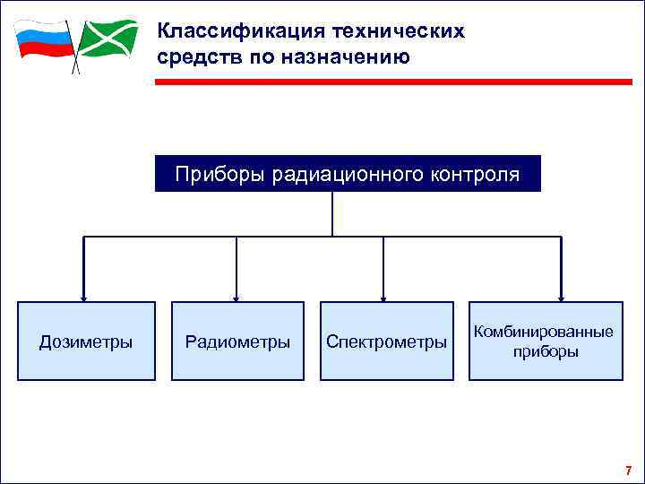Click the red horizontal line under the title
[x=394, y=82]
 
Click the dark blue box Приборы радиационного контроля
[x=348, y=174]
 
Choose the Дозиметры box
[x=86, y=341]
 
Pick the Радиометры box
[x=237, y=341]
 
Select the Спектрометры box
[x=386, y=341]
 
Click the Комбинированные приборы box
[x=546, y=341]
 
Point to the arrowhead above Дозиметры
[x=83, y=297]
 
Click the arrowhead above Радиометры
[x=236, y=297]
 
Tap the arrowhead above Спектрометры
[x=383, y=297]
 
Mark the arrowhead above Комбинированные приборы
[x=561, y=297]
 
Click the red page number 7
[x=628, y=471]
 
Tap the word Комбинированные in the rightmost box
[x=544, y=333]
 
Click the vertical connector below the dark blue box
[x=332, y=213]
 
